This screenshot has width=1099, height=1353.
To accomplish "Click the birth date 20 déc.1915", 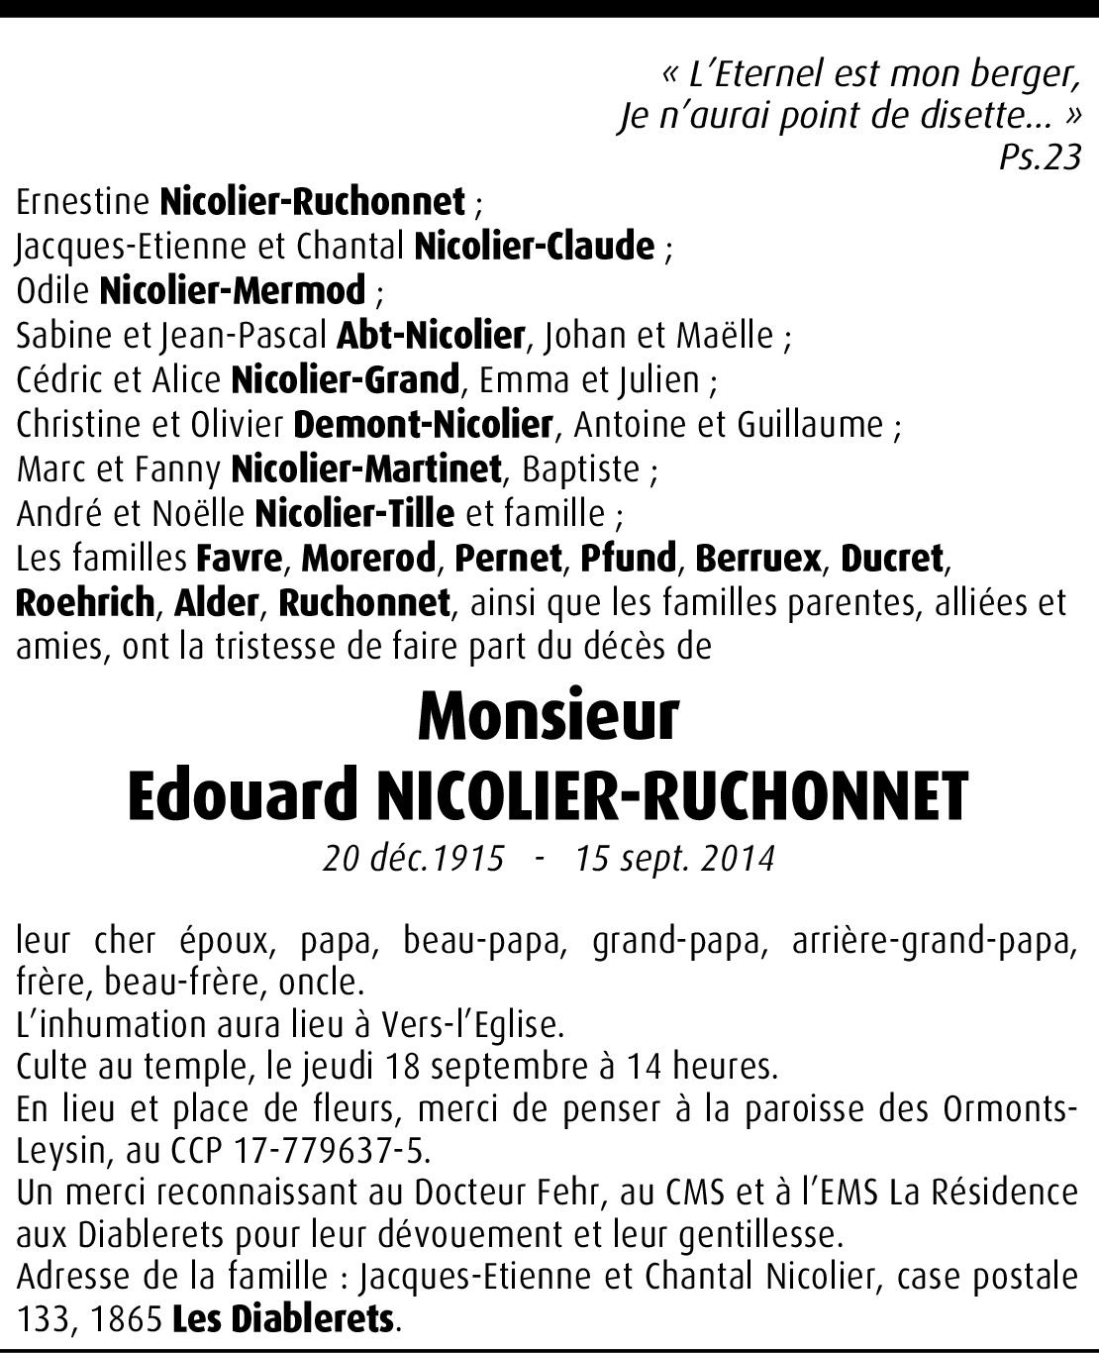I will (414, 858).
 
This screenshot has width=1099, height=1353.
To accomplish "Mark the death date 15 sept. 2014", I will (674, 858).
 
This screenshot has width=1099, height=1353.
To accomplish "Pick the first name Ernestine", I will (83, 202).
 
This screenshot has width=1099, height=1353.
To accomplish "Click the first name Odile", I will (53, 291).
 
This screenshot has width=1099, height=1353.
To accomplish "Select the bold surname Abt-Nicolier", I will (430, 336).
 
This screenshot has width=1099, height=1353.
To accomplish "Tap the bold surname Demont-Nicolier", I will (423, 425).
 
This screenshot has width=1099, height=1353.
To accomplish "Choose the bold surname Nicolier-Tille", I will (354, 514).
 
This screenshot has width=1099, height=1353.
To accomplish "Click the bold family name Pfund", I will (628, 559).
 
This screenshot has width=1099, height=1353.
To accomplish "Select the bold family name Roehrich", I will (85, 602).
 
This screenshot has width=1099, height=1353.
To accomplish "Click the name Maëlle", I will (725, 336).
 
